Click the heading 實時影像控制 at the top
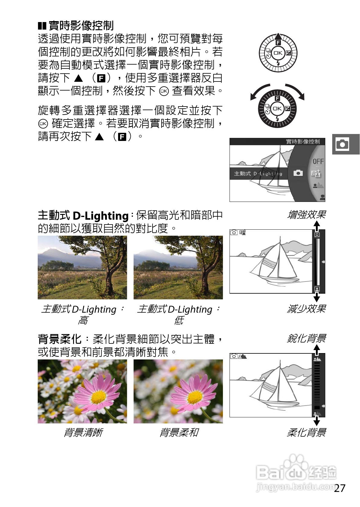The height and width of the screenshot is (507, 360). (x=81, y=26)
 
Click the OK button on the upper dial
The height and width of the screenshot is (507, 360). (x=278, y=53)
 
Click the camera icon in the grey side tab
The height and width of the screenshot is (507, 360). (x=342, y=144)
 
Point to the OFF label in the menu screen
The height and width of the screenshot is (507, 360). (x=318, y=161)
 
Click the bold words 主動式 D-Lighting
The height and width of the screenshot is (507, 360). (x=83, y=215)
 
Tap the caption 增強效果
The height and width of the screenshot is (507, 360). (x=306, y=215)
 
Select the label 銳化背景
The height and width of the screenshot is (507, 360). (x=306, y=339)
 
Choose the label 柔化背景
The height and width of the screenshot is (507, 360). (x=306, y=432)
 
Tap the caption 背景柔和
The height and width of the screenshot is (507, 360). (x=179, y=432)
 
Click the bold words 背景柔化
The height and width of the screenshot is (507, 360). (x=59, y=339)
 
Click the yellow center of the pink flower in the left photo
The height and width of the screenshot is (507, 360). (x=98, y=397)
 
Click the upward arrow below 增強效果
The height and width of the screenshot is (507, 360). (x=317, y=225)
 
